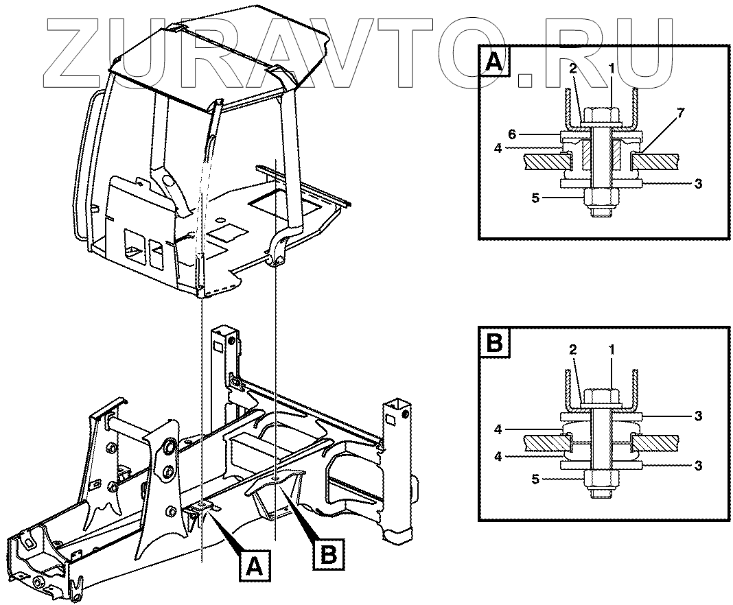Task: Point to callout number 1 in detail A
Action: point(611,67)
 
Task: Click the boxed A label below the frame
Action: point(255,567)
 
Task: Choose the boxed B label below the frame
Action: point(329,554)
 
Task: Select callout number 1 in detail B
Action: point(611,350)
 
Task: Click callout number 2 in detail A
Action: point(572,67)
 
